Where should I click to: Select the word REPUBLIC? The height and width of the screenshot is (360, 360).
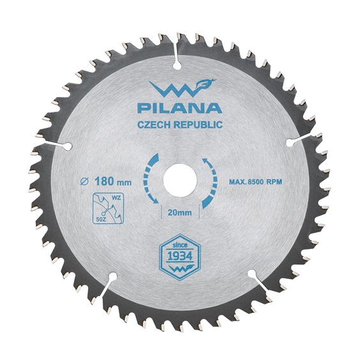[x=199, y=125]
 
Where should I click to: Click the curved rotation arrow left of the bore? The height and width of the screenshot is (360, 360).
[x=149, y=180]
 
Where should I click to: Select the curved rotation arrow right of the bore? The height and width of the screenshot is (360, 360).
[x=211, y=180]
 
